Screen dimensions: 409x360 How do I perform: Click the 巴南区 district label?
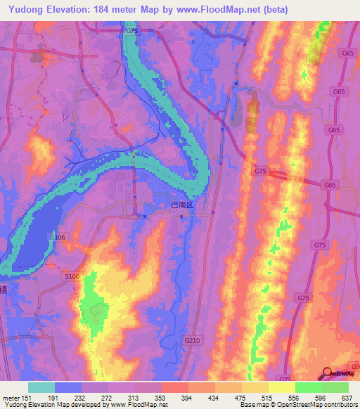coord(182,204)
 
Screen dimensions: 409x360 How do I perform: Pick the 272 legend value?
coord(108,397)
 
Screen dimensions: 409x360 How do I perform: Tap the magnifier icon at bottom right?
coord(328,374)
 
